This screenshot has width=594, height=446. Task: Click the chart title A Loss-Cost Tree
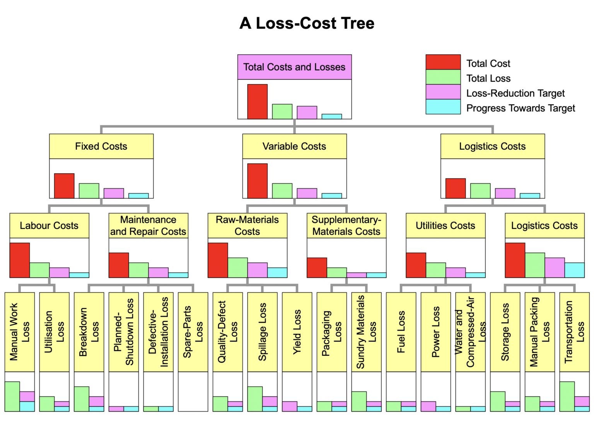pyautogui.click(x=307, y=23)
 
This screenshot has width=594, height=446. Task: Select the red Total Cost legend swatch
pyautogui.click(x=443, y=62)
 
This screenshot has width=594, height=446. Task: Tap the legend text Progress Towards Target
pyautogui.click(x=520, y=108)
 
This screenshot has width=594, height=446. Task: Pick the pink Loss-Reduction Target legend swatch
pyautogui.click(x=443, y=92)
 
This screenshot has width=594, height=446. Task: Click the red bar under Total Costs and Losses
pyautogui.click(x=257, y=102)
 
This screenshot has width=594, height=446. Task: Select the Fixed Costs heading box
pyautogui.click(x=101, y=146)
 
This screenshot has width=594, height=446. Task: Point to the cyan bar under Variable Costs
pyautogui.click(x=331, y=196)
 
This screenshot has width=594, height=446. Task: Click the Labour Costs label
pyautogui.click(x=49, y=226)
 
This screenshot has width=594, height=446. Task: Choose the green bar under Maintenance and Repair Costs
pyautogui.click(x=138, y=270)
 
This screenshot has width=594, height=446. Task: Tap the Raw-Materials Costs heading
pyautogui.click(x=247, y=226)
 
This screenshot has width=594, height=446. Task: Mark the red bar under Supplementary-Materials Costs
pyautogui.click(x=317, y=268)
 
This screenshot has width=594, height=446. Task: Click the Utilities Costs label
pyautogui.click(x=445, y=226)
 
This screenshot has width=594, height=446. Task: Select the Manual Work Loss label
pyautogui.click(x=19, y=332)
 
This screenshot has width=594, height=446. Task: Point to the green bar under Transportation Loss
pyautogui.click(x=567, y=396)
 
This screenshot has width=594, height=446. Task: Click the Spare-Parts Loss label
pyautogui.click(x=193, y=332)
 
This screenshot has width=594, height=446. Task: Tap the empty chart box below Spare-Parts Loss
pyautogui.click(x=193, y=391)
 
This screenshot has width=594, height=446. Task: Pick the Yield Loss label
pyautogui.click(x=297, y=332)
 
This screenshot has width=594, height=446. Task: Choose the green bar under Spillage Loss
pyautogui.click(x=255, y=399)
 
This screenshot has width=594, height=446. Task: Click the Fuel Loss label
pyautogui.click(x=401, y=332)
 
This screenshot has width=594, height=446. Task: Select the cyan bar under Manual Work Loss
pyautogui.click(x=27, y=406)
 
